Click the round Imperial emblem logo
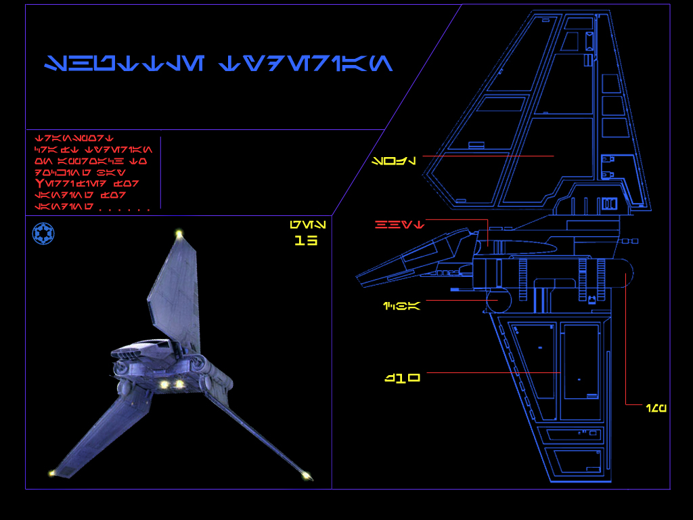coord(43,234)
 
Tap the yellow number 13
coord(306,240)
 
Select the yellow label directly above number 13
coord(307,224)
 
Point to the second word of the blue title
coord(306,64)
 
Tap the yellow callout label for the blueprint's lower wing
coord(403,378)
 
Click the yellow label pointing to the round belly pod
coord(401,306)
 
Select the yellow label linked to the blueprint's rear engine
coord(656,408)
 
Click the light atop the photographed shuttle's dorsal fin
coord(179,234)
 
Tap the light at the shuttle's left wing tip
coord(51,473)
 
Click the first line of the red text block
coord(74,138)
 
